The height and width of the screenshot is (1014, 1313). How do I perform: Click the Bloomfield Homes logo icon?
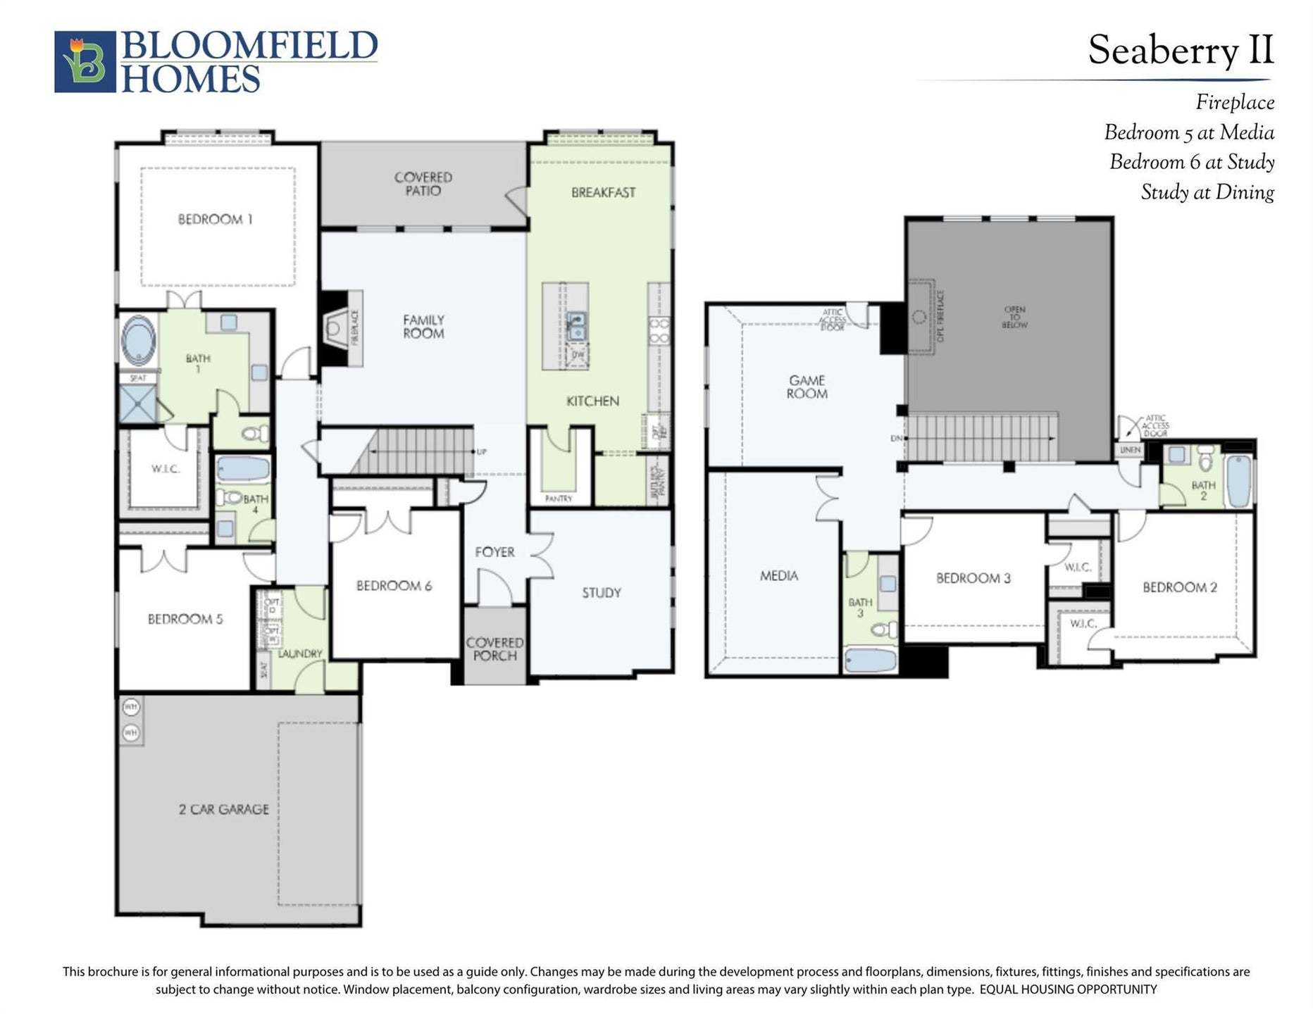tap(85, 61)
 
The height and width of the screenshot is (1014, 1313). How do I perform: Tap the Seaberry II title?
tap(1181, 51)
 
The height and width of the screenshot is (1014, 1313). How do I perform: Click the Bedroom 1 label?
tap(215, 220)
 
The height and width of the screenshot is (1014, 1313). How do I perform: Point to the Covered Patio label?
tap(423, 184)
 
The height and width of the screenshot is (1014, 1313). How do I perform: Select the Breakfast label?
tap(603, 192)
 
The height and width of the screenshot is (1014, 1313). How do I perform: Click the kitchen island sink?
tap(576, 326)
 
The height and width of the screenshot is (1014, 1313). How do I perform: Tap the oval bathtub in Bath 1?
tap(139, 340)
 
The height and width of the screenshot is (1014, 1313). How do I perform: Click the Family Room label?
tap(423, 327)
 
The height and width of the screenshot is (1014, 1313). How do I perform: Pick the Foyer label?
tap(494, 552)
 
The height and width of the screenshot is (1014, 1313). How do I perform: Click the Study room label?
tap(602, 593)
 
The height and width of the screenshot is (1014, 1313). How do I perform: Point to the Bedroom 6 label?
tap(394, 586)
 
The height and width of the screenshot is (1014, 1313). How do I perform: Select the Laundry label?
tap(300, 653)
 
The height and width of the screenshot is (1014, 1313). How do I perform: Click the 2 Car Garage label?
tap(224, 810)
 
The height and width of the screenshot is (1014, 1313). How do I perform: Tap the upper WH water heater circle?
tap(131, 706)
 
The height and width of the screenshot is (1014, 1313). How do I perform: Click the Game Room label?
tap(807, 387)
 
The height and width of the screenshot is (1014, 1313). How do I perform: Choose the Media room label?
tap(779, 576)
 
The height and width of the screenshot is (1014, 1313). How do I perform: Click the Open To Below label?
tap(1014, 318)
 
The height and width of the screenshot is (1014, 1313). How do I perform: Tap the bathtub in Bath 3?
tap(871, 661)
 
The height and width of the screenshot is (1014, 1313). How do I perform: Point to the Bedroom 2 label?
tap(1180, 587)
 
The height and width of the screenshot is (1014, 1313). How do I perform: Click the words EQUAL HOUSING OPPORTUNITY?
tap(1068, 989)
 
